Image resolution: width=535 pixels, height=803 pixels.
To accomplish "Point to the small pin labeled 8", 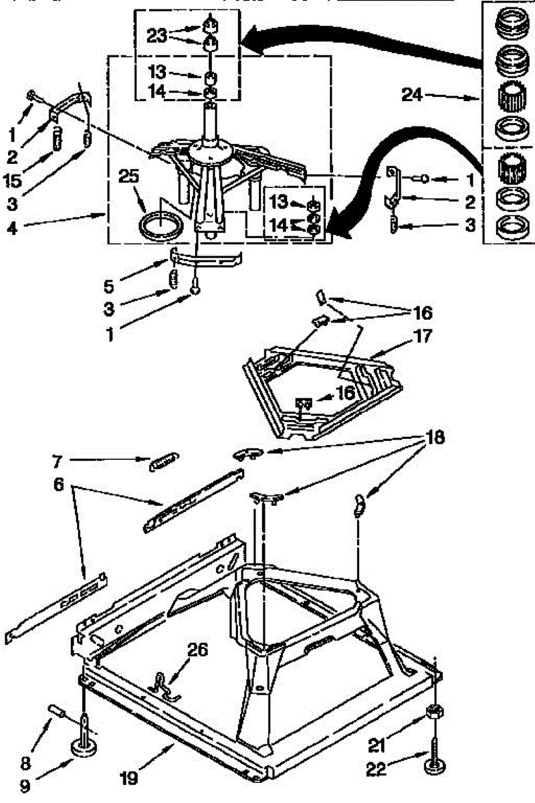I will (x=56, y=709).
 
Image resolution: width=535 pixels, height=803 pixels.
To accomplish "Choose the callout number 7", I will (x=56, y=460).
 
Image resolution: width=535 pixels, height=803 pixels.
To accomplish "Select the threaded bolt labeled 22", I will (x=435, y=749).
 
